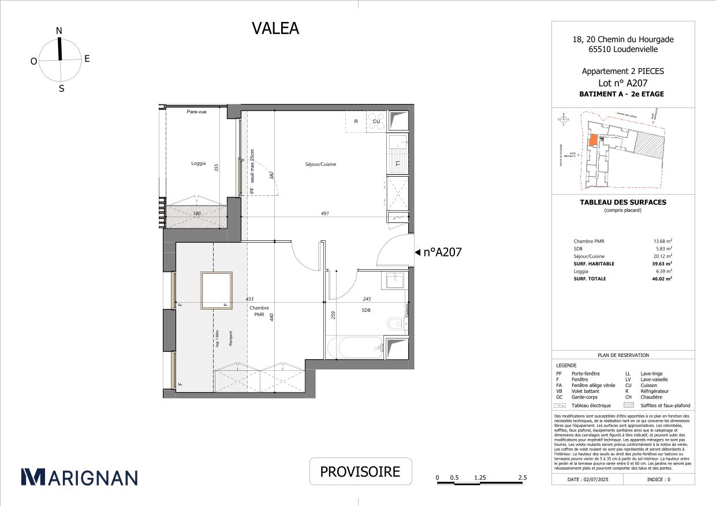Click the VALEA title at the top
point(275,28)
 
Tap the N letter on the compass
point(59,31)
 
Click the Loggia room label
point(199,163)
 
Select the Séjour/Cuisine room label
point(320,165)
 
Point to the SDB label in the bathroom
point(366,310)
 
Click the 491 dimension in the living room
point(325,213)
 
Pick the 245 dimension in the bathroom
point(366,299)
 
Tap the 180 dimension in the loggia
point(196,213)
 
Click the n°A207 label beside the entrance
point(442,252)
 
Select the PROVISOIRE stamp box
point(360,472)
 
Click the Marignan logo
point(80,477)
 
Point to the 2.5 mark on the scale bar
point(522,478)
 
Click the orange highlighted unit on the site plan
point(592,140)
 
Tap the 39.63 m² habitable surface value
point(662,263)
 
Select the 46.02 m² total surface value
point(662,278)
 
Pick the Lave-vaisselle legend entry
point(654,380)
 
